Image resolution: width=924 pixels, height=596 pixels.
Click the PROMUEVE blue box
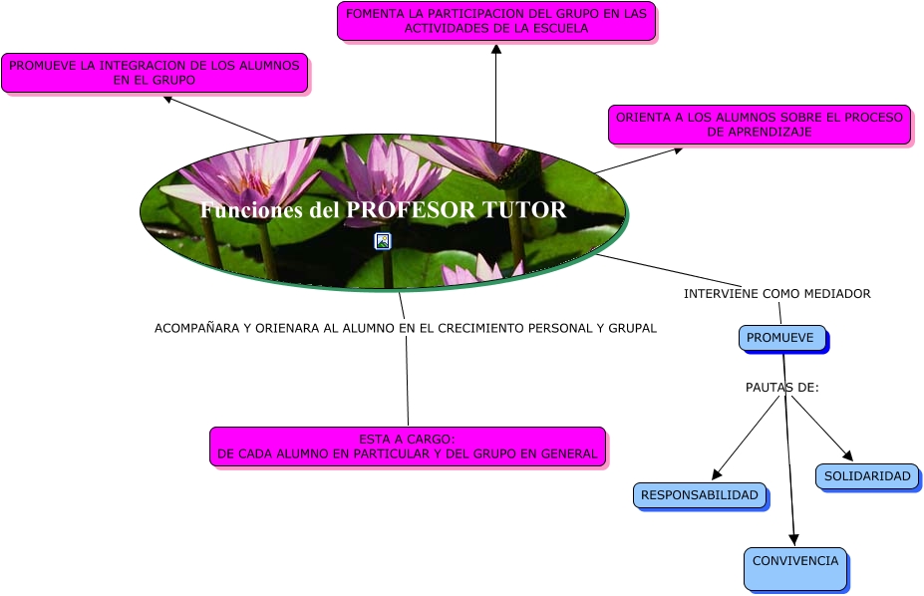click(x=782, y=338)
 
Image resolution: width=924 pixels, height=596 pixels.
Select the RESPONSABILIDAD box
click(x=700, y=495)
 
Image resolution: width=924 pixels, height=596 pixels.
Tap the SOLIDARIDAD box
click(x=866, y=476)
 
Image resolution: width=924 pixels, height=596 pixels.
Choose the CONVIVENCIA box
click(x=794, y=568)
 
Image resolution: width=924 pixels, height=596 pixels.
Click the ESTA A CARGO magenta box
click(x=407, y=447)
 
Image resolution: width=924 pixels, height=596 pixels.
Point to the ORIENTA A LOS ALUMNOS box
click(x=759, y=125)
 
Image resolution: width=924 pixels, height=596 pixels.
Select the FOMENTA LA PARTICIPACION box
click(x=495, y=21)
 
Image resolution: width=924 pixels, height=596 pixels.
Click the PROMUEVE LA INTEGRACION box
click(x=154, y=73)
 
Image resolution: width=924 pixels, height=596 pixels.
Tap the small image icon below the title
click(x=382, y=241)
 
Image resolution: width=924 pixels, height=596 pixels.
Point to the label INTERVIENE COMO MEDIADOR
click(x=776, y=294)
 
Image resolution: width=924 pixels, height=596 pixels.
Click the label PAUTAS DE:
click(x=781, y=387)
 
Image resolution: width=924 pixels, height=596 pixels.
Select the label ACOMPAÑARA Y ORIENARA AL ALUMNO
click(x=405, y=328)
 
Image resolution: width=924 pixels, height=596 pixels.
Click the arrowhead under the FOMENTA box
click(x=495, y=49)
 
